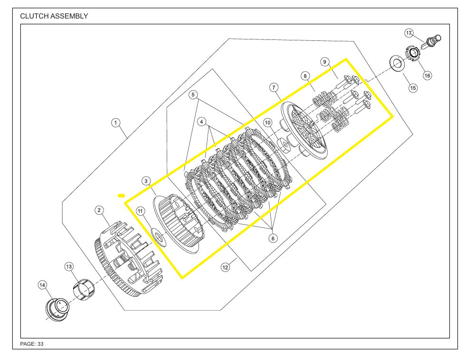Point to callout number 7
click(274, 87)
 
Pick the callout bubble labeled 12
click(226, 267)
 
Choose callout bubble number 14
click(43, 284)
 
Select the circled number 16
click(427, 76)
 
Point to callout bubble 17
click(409, 33)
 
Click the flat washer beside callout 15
click(395, 62)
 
